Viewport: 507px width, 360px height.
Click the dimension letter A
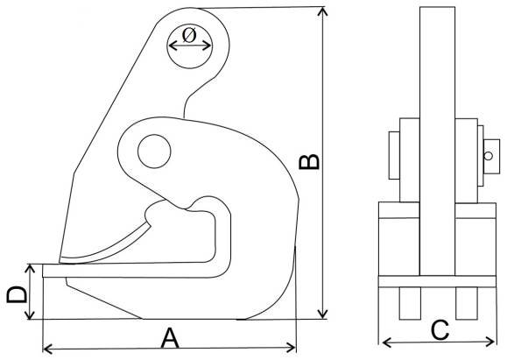170,338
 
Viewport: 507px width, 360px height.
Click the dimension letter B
309,162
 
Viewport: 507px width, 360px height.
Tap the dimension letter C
440,330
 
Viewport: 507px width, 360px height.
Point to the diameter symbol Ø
189,36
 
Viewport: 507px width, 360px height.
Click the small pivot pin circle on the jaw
154,152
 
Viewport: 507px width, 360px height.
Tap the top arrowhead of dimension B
322,11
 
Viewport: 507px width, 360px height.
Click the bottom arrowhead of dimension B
322,314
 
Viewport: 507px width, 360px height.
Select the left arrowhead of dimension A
47,349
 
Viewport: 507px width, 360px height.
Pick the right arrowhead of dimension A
291,348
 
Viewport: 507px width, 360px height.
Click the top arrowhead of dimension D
30,268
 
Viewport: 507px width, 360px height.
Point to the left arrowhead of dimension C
387,342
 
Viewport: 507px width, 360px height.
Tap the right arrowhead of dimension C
490,342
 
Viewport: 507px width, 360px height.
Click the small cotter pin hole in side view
489,156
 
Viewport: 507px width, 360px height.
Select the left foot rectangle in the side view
410,303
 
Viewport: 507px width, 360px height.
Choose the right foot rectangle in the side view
467,303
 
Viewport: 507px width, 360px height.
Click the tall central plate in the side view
438,141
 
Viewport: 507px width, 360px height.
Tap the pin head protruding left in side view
394,155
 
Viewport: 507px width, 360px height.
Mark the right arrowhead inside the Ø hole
207,46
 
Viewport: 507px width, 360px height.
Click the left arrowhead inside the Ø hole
173,46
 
